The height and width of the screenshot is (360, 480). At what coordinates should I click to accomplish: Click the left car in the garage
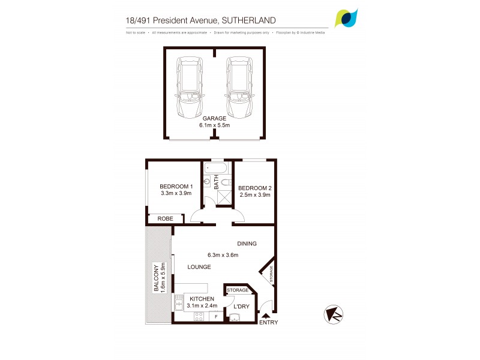[190, 89]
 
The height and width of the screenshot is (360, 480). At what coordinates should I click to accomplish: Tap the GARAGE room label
[215, 119]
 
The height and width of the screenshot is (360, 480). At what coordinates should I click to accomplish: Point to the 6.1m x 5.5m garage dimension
[215, 126]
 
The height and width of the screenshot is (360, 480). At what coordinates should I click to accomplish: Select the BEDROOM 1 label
[176, 186]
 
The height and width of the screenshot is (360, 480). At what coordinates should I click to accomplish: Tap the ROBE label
[165, 219]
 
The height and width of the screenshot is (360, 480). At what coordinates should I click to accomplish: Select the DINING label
[247, 244]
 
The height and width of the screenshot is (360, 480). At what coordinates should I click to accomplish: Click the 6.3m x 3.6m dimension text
[222, 255]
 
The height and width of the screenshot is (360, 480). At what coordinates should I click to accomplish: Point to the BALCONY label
[157, 278]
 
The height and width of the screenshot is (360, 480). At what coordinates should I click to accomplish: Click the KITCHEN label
[202, 299]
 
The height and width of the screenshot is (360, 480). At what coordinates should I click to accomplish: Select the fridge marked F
[216, 316]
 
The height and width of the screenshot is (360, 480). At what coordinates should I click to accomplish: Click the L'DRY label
[241, 307]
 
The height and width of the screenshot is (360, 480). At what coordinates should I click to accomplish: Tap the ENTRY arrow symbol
[265, 316]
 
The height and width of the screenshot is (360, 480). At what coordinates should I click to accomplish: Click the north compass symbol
[334, 314]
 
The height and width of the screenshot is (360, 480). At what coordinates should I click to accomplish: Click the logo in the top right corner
[346, 18]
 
